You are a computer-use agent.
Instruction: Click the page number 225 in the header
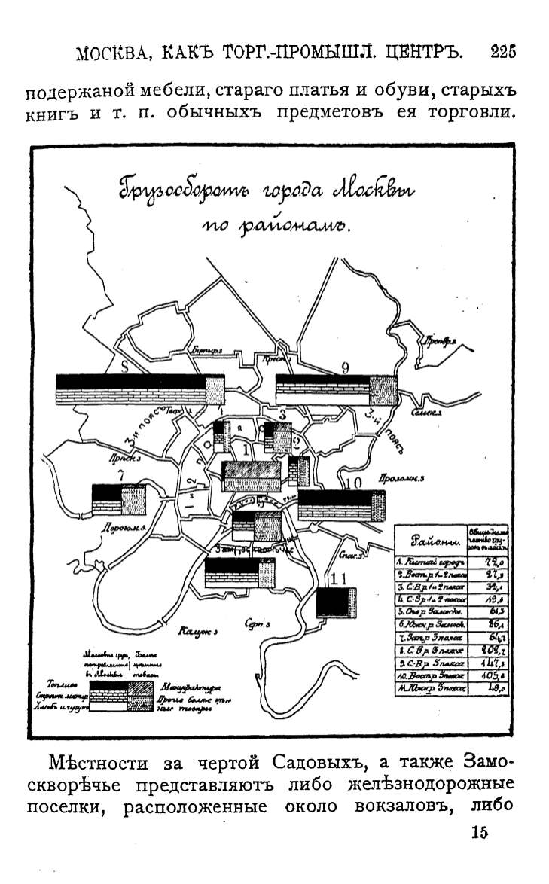(502, 52)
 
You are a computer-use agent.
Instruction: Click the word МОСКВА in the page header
(112, 53)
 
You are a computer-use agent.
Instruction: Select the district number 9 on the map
(345, 367)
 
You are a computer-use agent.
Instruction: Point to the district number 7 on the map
(120, 476)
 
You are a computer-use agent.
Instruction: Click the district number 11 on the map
(338, 579)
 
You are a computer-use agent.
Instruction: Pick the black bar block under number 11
(335, 603)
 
